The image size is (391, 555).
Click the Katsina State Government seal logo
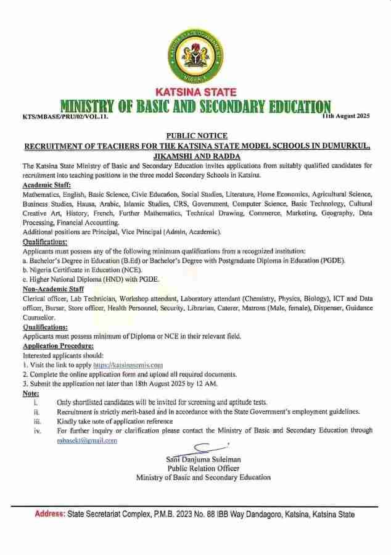coord(196,56)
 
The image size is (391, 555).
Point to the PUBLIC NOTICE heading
coord(196,136)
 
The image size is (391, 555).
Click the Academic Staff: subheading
coord(47,184)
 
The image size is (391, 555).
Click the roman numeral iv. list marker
coord(37,431)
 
